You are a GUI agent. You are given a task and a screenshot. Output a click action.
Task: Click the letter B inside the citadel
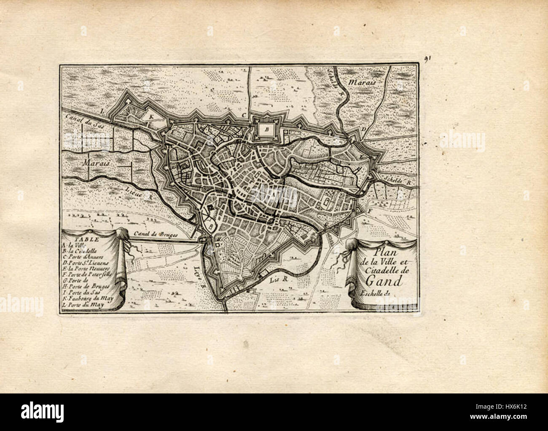266,130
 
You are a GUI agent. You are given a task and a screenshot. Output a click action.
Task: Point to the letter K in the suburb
148,114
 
